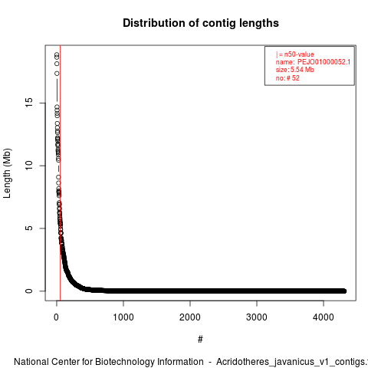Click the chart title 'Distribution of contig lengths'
(201, 23)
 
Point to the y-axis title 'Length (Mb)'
(7, 173)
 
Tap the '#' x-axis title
(200, 340)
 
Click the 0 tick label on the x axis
(56, 317)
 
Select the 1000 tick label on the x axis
(123, 317)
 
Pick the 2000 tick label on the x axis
(190, 317)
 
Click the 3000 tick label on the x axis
(257, 317)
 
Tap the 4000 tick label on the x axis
(324, 317)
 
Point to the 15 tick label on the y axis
(29, 103)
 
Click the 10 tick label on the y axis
(29, 166)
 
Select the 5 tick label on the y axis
(29, 228)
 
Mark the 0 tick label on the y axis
(29, 291)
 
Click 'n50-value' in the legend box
(299, 54)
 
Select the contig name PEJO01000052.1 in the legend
(324, 62)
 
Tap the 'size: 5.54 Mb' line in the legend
(295, 70)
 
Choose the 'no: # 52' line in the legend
(287, 78)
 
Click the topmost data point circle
(57, 54)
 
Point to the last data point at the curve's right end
(344, 291)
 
